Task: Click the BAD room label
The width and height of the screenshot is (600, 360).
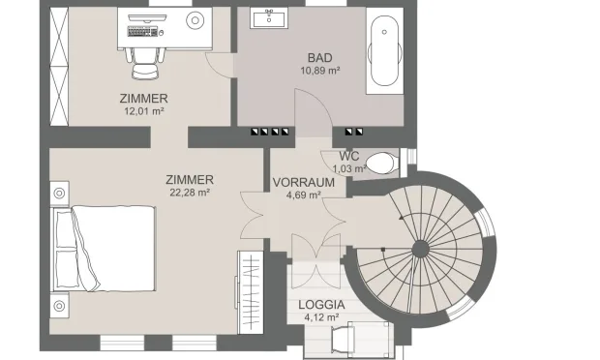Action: tap(320, 58)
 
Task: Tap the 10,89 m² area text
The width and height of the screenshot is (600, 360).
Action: tap(320, 71)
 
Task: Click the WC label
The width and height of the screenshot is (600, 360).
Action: tap(349, 157)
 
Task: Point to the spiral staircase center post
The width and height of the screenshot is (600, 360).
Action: tap(420, 249)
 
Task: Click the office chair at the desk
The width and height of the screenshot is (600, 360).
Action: tap(142, 60)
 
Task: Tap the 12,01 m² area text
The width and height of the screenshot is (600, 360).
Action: tap(144, 110)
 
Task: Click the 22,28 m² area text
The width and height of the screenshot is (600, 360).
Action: tap(189, 192)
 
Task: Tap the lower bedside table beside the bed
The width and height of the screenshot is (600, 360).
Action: tap(60, 306)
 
